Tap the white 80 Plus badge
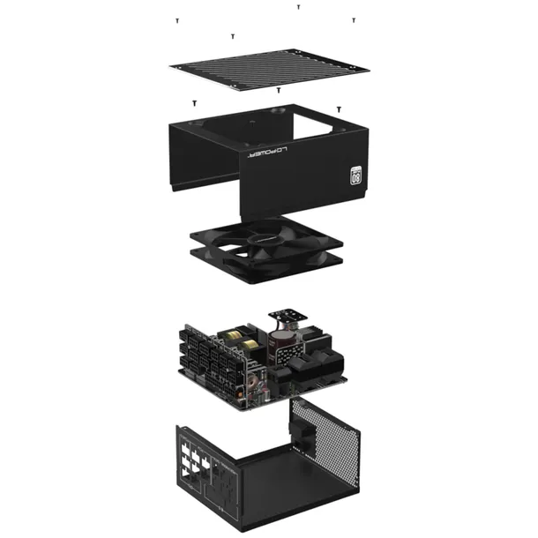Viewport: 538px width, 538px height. (x=358, y=174)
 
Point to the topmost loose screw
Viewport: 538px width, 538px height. (x=298, y=6)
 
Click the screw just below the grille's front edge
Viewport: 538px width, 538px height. (x=279, y=90)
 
